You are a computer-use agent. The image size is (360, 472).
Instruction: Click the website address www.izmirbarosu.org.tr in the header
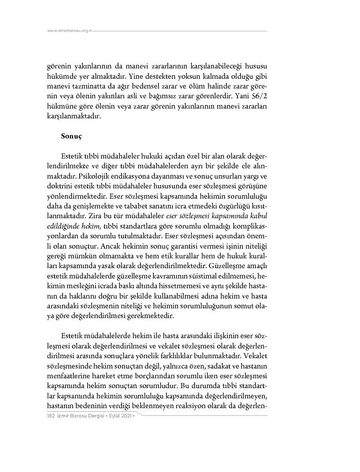tap(69, 31)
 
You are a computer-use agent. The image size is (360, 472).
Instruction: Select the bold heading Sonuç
tap(71, 136)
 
